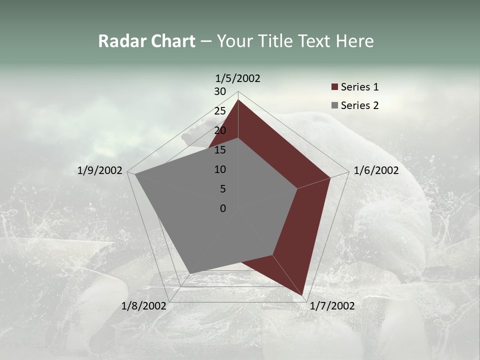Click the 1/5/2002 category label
click(x=237, y=78)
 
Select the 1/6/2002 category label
click(x=376, y=170)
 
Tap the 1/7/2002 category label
click(x=332, y=306)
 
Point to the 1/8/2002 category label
click(x=143, y=306)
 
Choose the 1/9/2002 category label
click(x=99, y=170)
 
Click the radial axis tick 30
click(x=220, y=91)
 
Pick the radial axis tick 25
click(x=220, y=111)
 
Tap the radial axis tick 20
click(x=220, y=130)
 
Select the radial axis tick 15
click(x=220, y=150)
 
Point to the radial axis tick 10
click(x=220, y=169)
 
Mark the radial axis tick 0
click(x=223, y=208)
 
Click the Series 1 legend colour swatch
click(x=334, y=87)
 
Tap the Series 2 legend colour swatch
click(x=334, y=105)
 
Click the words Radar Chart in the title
click(x=146, y=41)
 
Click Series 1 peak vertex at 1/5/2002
click(x=238, y=100)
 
